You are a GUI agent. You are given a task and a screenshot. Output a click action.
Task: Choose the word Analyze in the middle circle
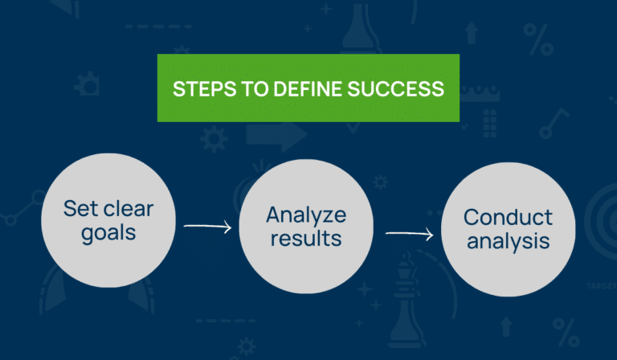point(307,215)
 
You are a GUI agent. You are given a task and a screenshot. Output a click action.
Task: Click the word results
point(307,239)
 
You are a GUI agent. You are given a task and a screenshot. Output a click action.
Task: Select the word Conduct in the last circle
point(508,218)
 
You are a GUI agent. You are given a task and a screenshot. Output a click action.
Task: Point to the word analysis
point(508,241)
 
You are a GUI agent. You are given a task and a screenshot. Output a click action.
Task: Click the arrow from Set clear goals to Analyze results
point(207,227)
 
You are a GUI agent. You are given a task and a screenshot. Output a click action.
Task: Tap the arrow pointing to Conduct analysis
point(410,235)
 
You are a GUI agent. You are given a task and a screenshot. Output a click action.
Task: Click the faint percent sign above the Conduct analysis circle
point(534,37)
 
